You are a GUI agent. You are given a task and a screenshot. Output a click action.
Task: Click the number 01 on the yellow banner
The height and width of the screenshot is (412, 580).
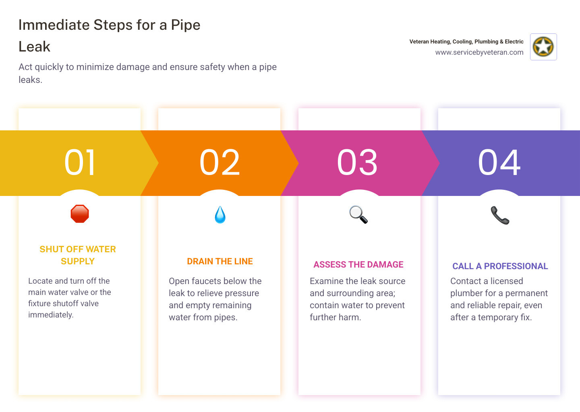[x=80, y=163]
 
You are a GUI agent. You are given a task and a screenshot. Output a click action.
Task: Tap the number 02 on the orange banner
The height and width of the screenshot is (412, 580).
[x=220, y=163]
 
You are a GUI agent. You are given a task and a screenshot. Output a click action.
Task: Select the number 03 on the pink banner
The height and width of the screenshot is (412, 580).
[x=357, y=163]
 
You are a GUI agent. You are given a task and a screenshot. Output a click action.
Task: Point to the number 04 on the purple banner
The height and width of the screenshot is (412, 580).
[x=499, y=163]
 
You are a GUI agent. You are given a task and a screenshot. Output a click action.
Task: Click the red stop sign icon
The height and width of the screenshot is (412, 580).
[x=80, y=214]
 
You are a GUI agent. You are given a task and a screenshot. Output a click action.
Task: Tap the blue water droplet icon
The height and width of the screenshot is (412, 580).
[x=220, y=215]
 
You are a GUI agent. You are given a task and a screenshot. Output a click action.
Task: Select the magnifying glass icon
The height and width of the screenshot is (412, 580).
[x=358, y=214]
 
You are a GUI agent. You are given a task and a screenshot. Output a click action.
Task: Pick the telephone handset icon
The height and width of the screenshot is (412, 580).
[x=500, y=215]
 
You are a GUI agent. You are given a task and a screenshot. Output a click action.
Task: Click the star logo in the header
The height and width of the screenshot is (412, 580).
[x=543, y=47]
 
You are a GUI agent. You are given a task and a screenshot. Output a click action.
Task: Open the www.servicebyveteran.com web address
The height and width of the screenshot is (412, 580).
[x=479, y=52]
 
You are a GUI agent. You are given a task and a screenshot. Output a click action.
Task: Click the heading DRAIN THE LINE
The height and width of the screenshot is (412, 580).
[x=220, y=262]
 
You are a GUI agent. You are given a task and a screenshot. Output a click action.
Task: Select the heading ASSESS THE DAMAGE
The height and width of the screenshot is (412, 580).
[x=358, y=265]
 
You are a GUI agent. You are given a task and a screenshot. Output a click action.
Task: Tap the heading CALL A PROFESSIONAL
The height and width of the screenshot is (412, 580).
[x=500, y=266]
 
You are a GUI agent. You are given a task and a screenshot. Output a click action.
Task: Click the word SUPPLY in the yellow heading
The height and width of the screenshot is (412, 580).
[x=78, y=262]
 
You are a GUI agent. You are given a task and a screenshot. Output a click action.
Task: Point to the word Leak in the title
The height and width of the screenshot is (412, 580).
[x=35, y=47]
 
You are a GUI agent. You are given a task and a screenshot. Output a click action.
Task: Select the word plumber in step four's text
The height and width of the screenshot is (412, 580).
[x=467, y=293]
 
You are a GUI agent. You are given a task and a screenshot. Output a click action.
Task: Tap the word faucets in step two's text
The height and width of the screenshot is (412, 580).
[x=210, y=281]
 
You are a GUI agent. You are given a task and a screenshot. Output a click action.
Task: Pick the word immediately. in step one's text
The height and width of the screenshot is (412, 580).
[x=51, y=315]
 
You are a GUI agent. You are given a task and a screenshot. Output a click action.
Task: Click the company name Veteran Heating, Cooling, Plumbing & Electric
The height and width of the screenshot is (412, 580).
[x=466, y=41]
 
